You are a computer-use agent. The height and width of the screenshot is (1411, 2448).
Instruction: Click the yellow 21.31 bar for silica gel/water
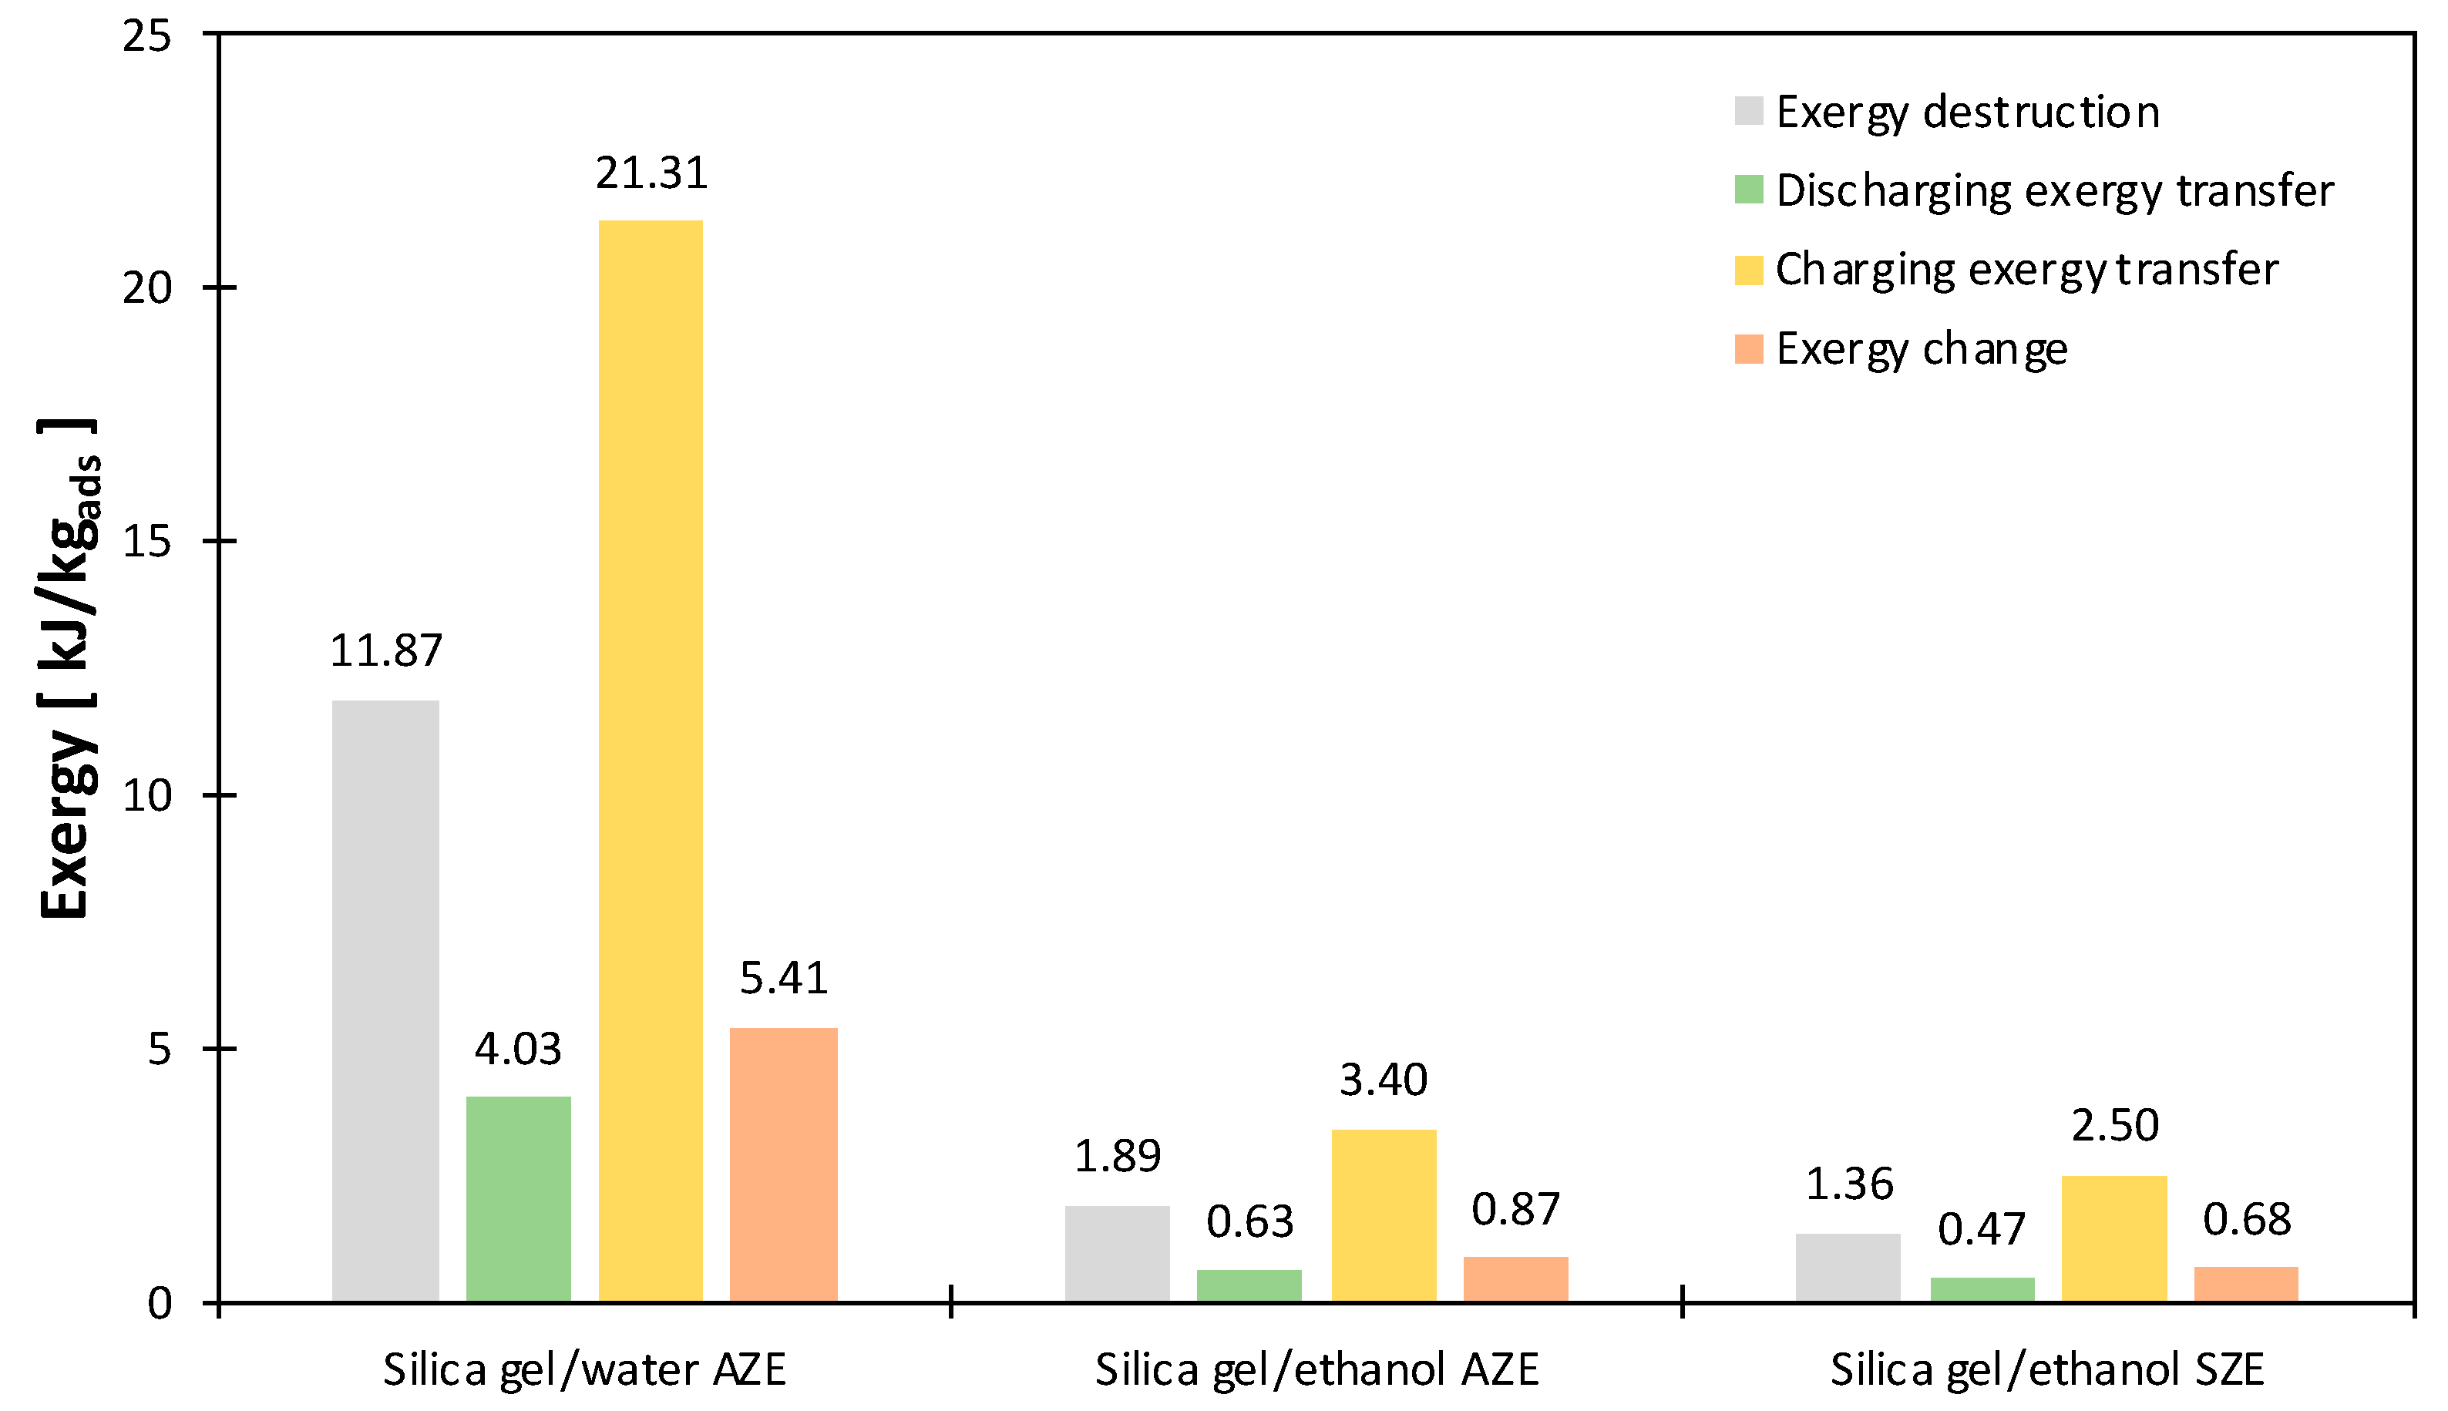coord(651,761)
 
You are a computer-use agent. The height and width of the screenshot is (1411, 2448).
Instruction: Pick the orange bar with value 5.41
coord(783,1164)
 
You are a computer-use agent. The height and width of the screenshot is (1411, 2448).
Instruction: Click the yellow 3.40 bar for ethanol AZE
coord(1383,1215)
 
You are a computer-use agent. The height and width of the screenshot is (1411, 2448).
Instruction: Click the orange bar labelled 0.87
coord(1515,1279)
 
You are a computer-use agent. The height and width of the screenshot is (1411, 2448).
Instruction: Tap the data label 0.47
coord(1981,1230)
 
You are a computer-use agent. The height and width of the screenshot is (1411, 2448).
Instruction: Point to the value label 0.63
coord(1249,1222)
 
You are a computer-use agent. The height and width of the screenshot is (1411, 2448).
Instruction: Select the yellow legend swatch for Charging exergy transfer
coord(1748,270)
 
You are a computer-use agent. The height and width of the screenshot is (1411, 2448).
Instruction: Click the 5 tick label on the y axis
coord(159,1050)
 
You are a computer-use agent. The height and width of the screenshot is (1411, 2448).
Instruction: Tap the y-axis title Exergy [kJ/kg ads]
coord(68,669)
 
